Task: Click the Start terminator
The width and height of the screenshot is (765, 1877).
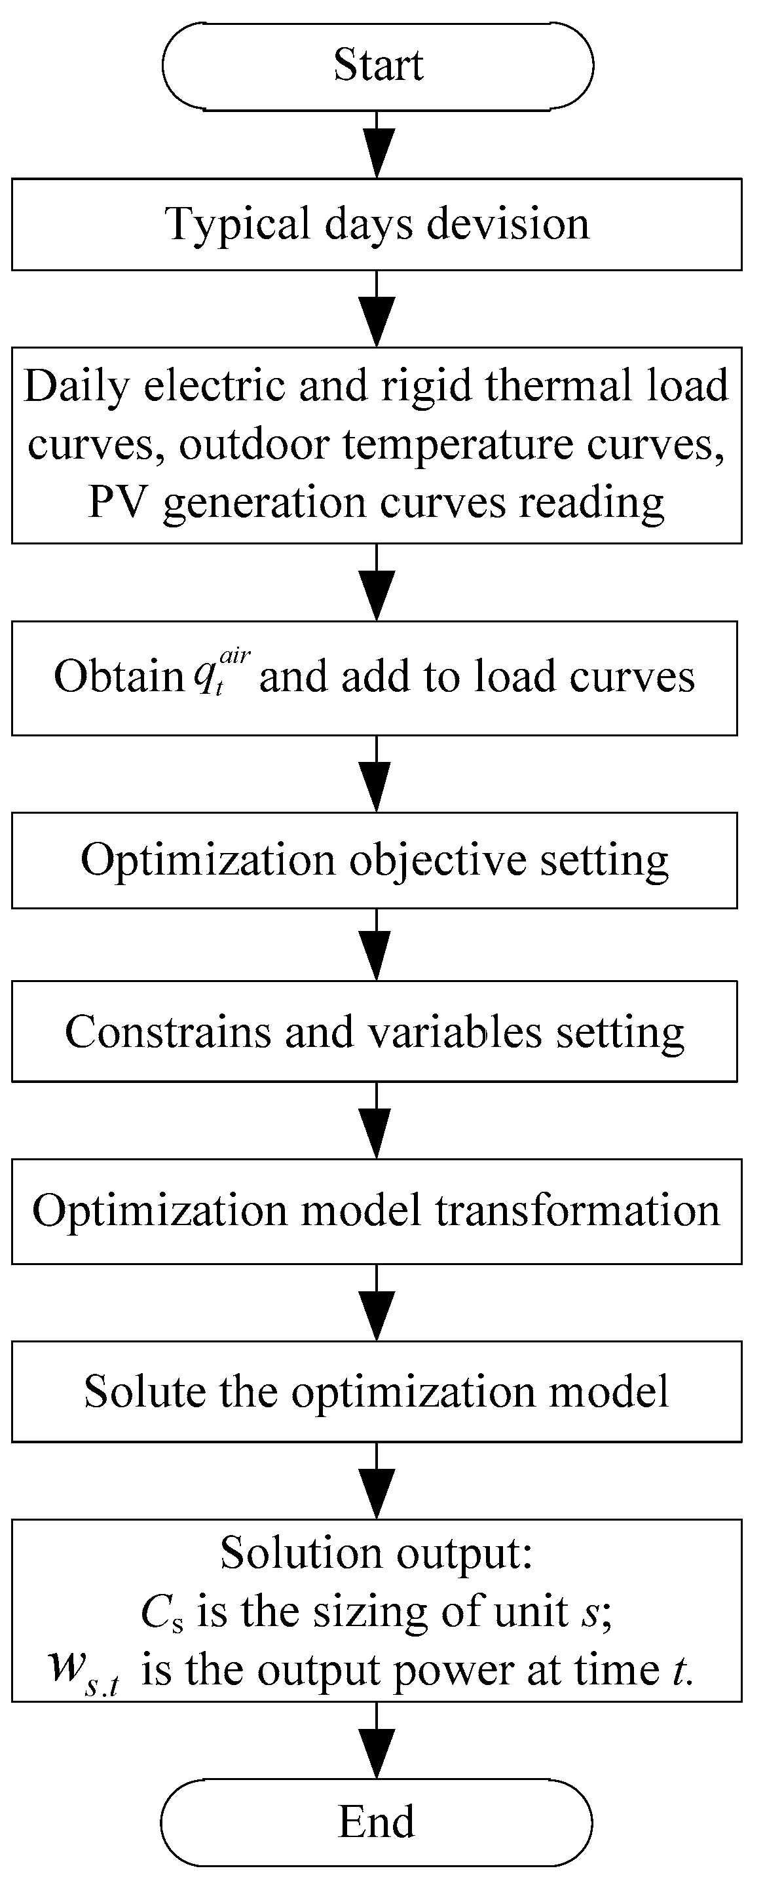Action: point(377,66)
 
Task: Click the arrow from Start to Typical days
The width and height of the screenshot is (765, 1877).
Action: point(377,145)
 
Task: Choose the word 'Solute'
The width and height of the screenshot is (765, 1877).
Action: point(144,1392)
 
